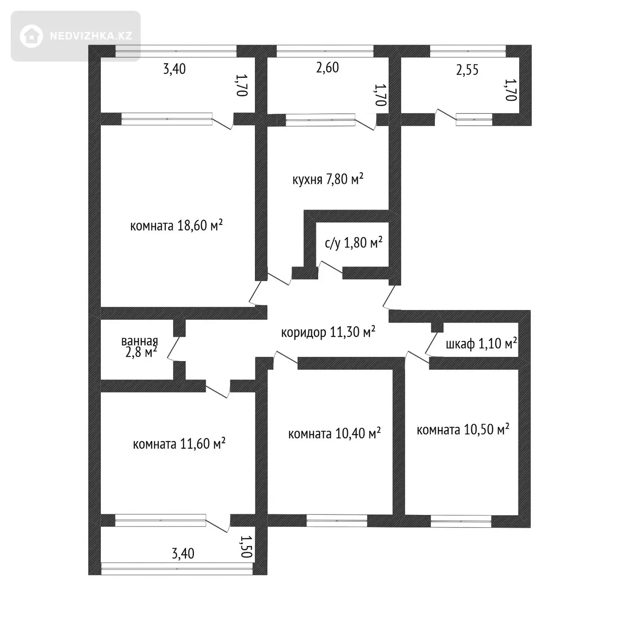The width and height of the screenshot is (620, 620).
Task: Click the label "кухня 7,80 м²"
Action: (x=328, y=179)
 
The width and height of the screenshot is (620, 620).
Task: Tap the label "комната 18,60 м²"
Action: (x=177, y=225)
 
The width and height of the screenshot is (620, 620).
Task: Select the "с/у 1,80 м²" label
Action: (x=353, y=242)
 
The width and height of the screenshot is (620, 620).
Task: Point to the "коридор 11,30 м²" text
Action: (x=328, y=332)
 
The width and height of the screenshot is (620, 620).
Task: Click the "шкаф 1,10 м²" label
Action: (x=481, y=343)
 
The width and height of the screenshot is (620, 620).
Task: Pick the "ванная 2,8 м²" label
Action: (x=139, y=347)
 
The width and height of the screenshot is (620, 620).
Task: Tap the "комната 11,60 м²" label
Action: (x=179, y=443)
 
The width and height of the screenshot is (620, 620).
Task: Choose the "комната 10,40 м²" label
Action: (x=334, y=434)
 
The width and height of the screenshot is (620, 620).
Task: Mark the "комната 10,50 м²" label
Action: (x=463, y=429)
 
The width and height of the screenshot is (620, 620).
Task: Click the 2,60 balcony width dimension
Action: (x=328, y=68)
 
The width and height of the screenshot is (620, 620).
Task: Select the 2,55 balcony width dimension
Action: (x=467, y=69)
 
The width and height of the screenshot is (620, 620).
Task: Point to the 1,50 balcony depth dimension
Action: (x=247, y=546)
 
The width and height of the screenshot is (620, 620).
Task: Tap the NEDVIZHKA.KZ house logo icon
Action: (x=31, y=36)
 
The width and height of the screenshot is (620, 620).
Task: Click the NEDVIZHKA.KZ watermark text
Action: (x=91, y=36)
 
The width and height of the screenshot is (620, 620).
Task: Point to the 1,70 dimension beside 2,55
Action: (x=511, y=90)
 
